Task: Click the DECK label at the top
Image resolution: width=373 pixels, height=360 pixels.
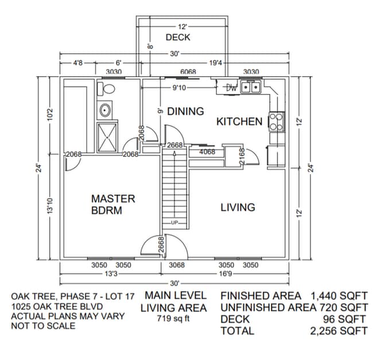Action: tap(178, 38)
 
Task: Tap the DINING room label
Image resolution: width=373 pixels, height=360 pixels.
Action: tap(185, 111)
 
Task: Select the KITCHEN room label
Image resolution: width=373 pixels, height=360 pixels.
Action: tap(239, 122)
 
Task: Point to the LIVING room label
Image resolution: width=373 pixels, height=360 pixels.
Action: tap(238, 207)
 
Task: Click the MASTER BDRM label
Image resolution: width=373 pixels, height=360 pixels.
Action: tap(113, 204)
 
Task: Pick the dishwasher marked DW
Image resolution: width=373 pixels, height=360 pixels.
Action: tap(231, 88)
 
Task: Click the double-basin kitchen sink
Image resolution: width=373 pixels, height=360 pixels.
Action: tap(250, 88)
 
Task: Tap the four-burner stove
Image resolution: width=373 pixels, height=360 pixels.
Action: tap(277, 122)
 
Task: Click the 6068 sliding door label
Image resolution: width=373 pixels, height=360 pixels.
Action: tap(188, 72)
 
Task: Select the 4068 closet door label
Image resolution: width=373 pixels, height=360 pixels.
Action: tap(207, 152)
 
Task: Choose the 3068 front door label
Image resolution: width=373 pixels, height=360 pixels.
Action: tap(177, 265)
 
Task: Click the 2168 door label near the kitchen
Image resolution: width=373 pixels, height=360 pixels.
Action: tap(242, 157)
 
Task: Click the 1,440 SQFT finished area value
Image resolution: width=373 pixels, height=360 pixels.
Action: tap(339, 296)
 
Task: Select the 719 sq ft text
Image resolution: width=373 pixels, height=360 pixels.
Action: tap(175, 319)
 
